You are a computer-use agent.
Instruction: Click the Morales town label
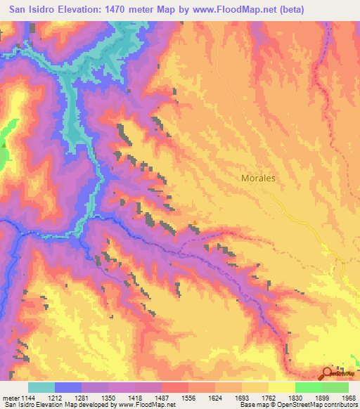coord(258,178)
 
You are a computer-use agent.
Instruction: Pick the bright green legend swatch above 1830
coord(308,387)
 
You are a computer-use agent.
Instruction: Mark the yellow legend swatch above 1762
coord(281,387)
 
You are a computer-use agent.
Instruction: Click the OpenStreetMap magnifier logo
coord(328,375)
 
